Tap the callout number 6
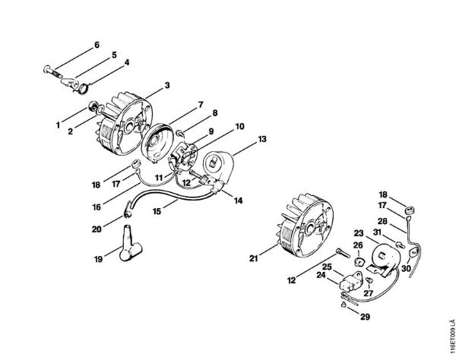pyautogui.click(x=97, y=45)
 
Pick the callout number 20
pyautogui.click(x=96, y=228)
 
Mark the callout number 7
pyautogui.click(x=201, y=104)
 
